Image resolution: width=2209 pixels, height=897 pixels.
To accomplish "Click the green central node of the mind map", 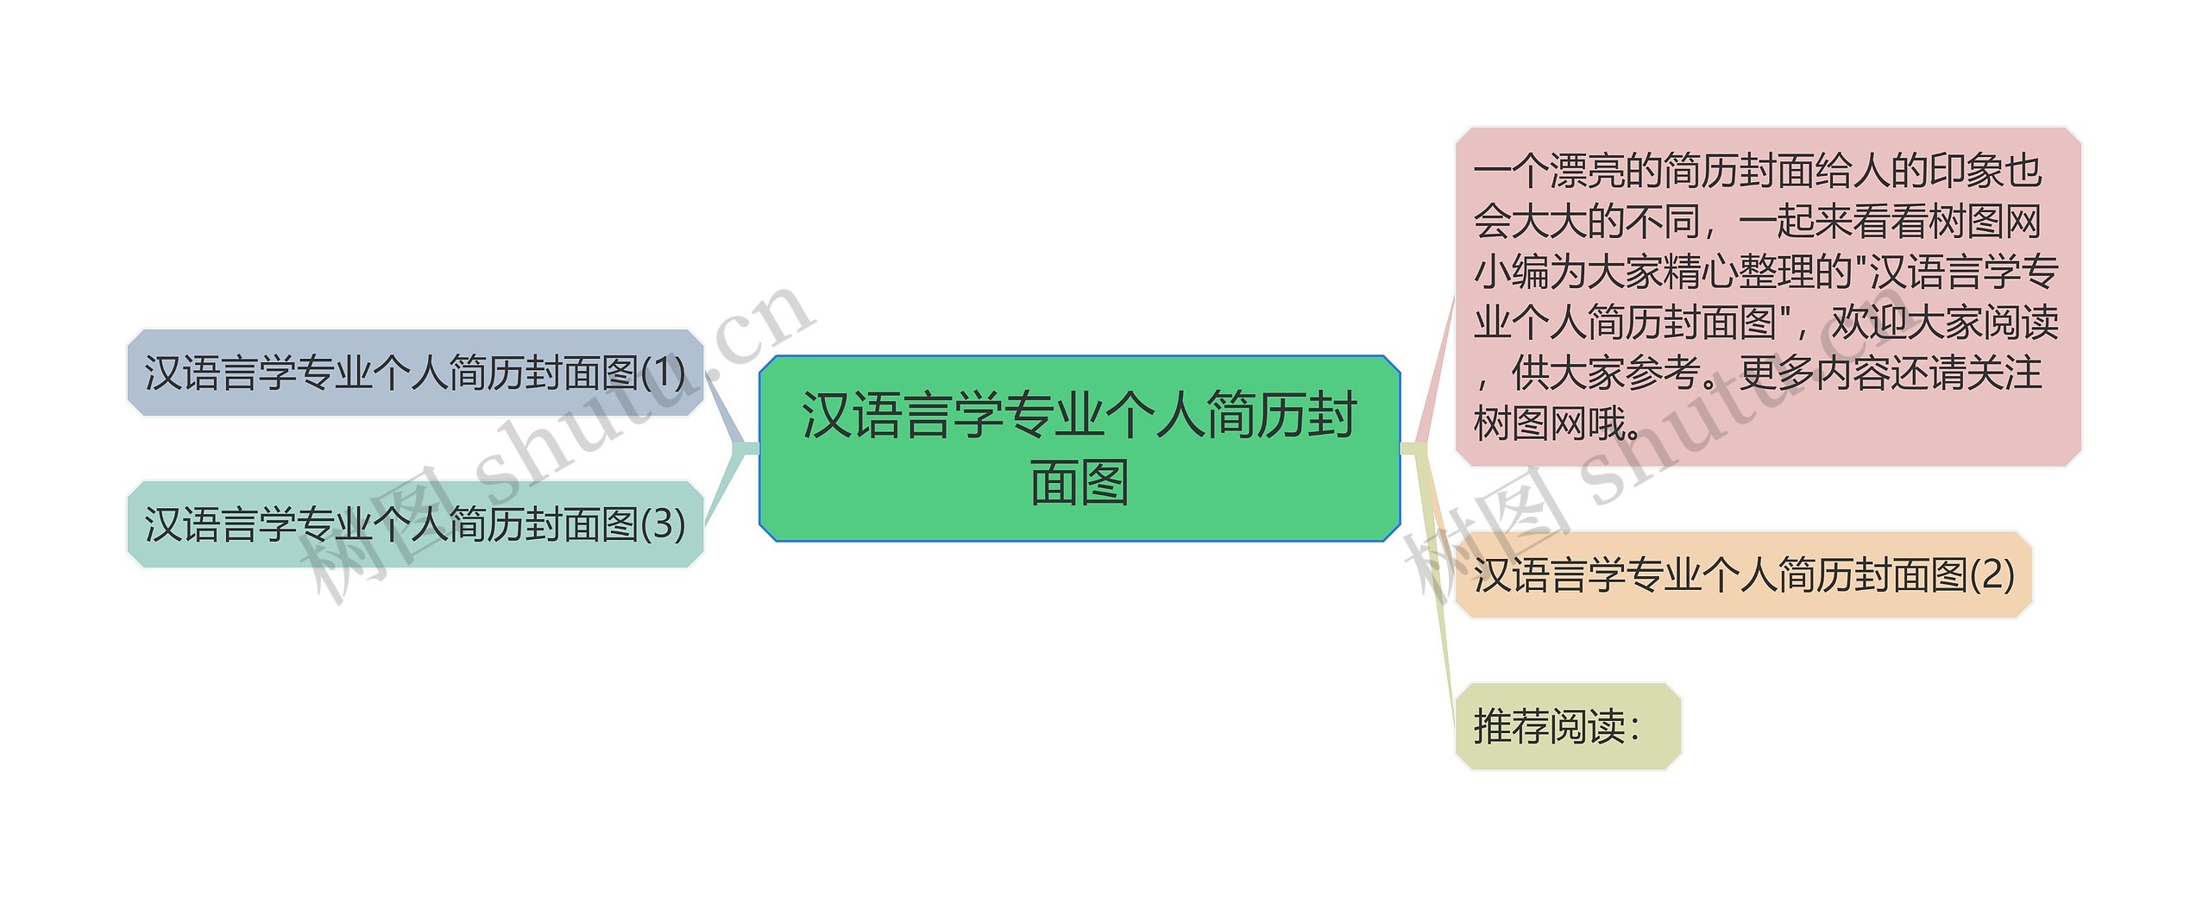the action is pyautogui.click(x=1079, y=448).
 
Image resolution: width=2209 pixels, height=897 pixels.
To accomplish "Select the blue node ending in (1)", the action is pyautogui.click(x=415, y=373).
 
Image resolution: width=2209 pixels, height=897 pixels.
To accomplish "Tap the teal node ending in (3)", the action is pyautogui.click(x=415, y=524).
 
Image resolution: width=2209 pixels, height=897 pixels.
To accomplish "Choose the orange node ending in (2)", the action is pyautogui.click(x=1743, y=575).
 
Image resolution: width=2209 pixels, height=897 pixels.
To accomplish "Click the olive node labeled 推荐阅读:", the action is pyautogui.click(x=1567, y=726).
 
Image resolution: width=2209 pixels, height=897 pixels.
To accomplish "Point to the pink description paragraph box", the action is pyautogui.click(x=1767, y=297).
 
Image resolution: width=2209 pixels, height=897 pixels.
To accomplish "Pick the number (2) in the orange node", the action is pyautogui.click(x=1992, y=575).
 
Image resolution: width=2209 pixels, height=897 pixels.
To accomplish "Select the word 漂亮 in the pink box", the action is pyautogui.click(x=1587, y=172).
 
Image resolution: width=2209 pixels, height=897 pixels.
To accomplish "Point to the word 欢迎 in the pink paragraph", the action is pyautogui.click(x=1868, y=323).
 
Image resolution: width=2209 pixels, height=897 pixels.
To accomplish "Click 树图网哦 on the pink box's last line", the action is pyautogui.click(x=1549, y=423).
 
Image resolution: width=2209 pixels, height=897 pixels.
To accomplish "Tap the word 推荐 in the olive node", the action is pyautogui.click(x=1511, y=726).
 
